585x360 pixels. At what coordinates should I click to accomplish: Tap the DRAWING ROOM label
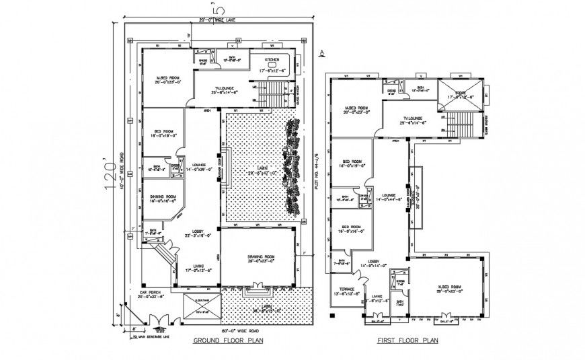259,257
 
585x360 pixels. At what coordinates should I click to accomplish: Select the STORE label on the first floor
461,94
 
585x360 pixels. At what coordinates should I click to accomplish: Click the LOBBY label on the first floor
374,262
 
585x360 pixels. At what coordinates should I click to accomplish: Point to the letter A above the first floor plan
323,52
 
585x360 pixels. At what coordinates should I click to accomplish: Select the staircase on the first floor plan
461,125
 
